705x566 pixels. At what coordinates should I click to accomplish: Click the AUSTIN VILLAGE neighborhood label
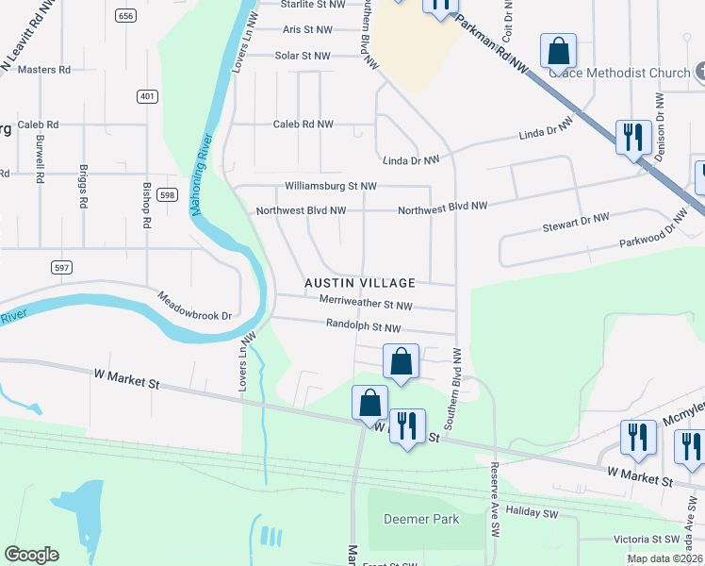[359, 283]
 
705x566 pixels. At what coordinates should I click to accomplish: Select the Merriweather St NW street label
[366, 305]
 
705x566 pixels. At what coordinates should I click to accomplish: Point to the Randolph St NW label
[364, 327]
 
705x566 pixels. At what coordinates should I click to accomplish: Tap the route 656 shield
[125, 15]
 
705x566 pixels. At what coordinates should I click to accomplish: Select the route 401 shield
[146, 96]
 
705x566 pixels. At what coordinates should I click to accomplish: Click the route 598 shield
[167, 194]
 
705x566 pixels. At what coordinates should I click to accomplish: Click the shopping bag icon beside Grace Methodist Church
[558, 53]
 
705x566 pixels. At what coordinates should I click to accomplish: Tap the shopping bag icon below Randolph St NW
[401, 362]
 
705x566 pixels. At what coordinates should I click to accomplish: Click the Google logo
[31, 555]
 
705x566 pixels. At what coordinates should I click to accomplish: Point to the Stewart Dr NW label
[576, 223]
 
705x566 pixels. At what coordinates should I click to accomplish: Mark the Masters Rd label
[44, 70]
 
